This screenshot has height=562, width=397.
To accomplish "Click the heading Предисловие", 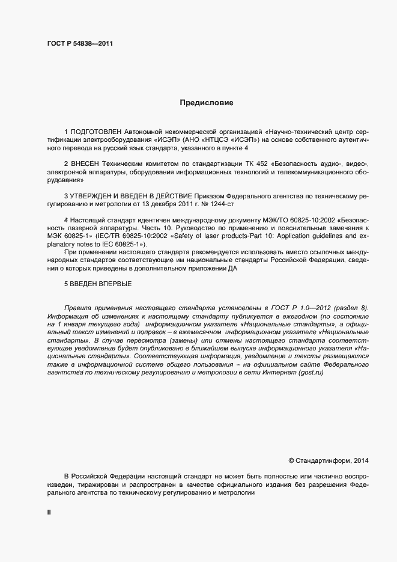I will (207, 103).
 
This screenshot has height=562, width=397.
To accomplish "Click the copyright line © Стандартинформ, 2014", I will (329, 460).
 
